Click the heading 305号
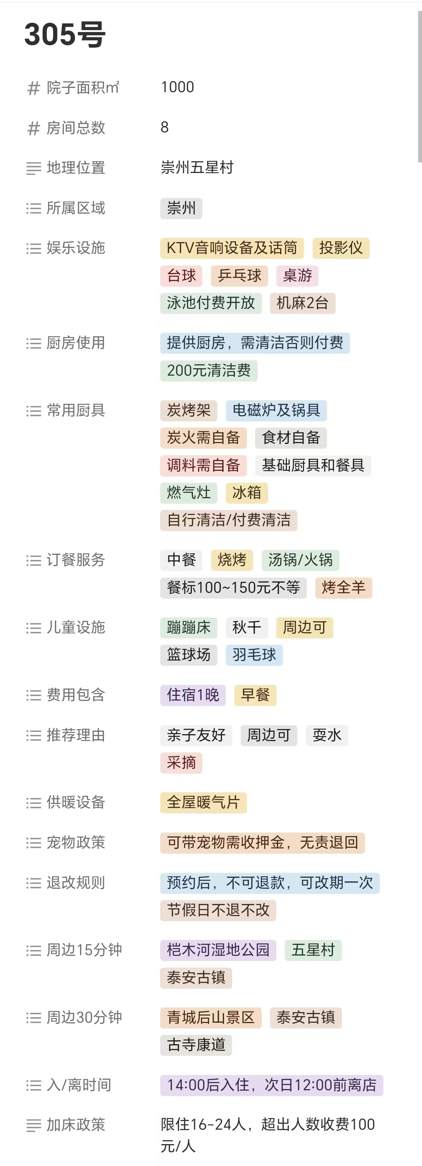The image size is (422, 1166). point(65,34)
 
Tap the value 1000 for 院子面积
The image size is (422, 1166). point(177,87)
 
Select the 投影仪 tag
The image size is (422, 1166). point(341,248)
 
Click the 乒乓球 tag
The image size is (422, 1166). point(240,276)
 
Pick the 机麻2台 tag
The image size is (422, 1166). point(302,303)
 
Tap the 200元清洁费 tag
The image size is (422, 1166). point(209,371)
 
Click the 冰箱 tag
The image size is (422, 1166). point(247,492)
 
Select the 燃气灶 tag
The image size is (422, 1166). point(189,492)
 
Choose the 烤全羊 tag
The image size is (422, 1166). point(344,588)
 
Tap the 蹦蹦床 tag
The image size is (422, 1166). point(189,628)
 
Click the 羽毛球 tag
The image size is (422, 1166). point(254,654)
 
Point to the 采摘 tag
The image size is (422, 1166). point(181,763)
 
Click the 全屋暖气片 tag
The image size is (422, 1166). point(203,802)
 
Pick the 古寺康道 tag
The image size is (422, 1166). point(196,1045)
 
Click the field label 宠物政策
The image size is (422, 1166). point(76,842)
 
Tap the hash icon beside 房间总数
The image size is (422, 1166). point(34,128)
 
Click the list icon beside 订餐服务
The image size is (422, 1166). point(34,560)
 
